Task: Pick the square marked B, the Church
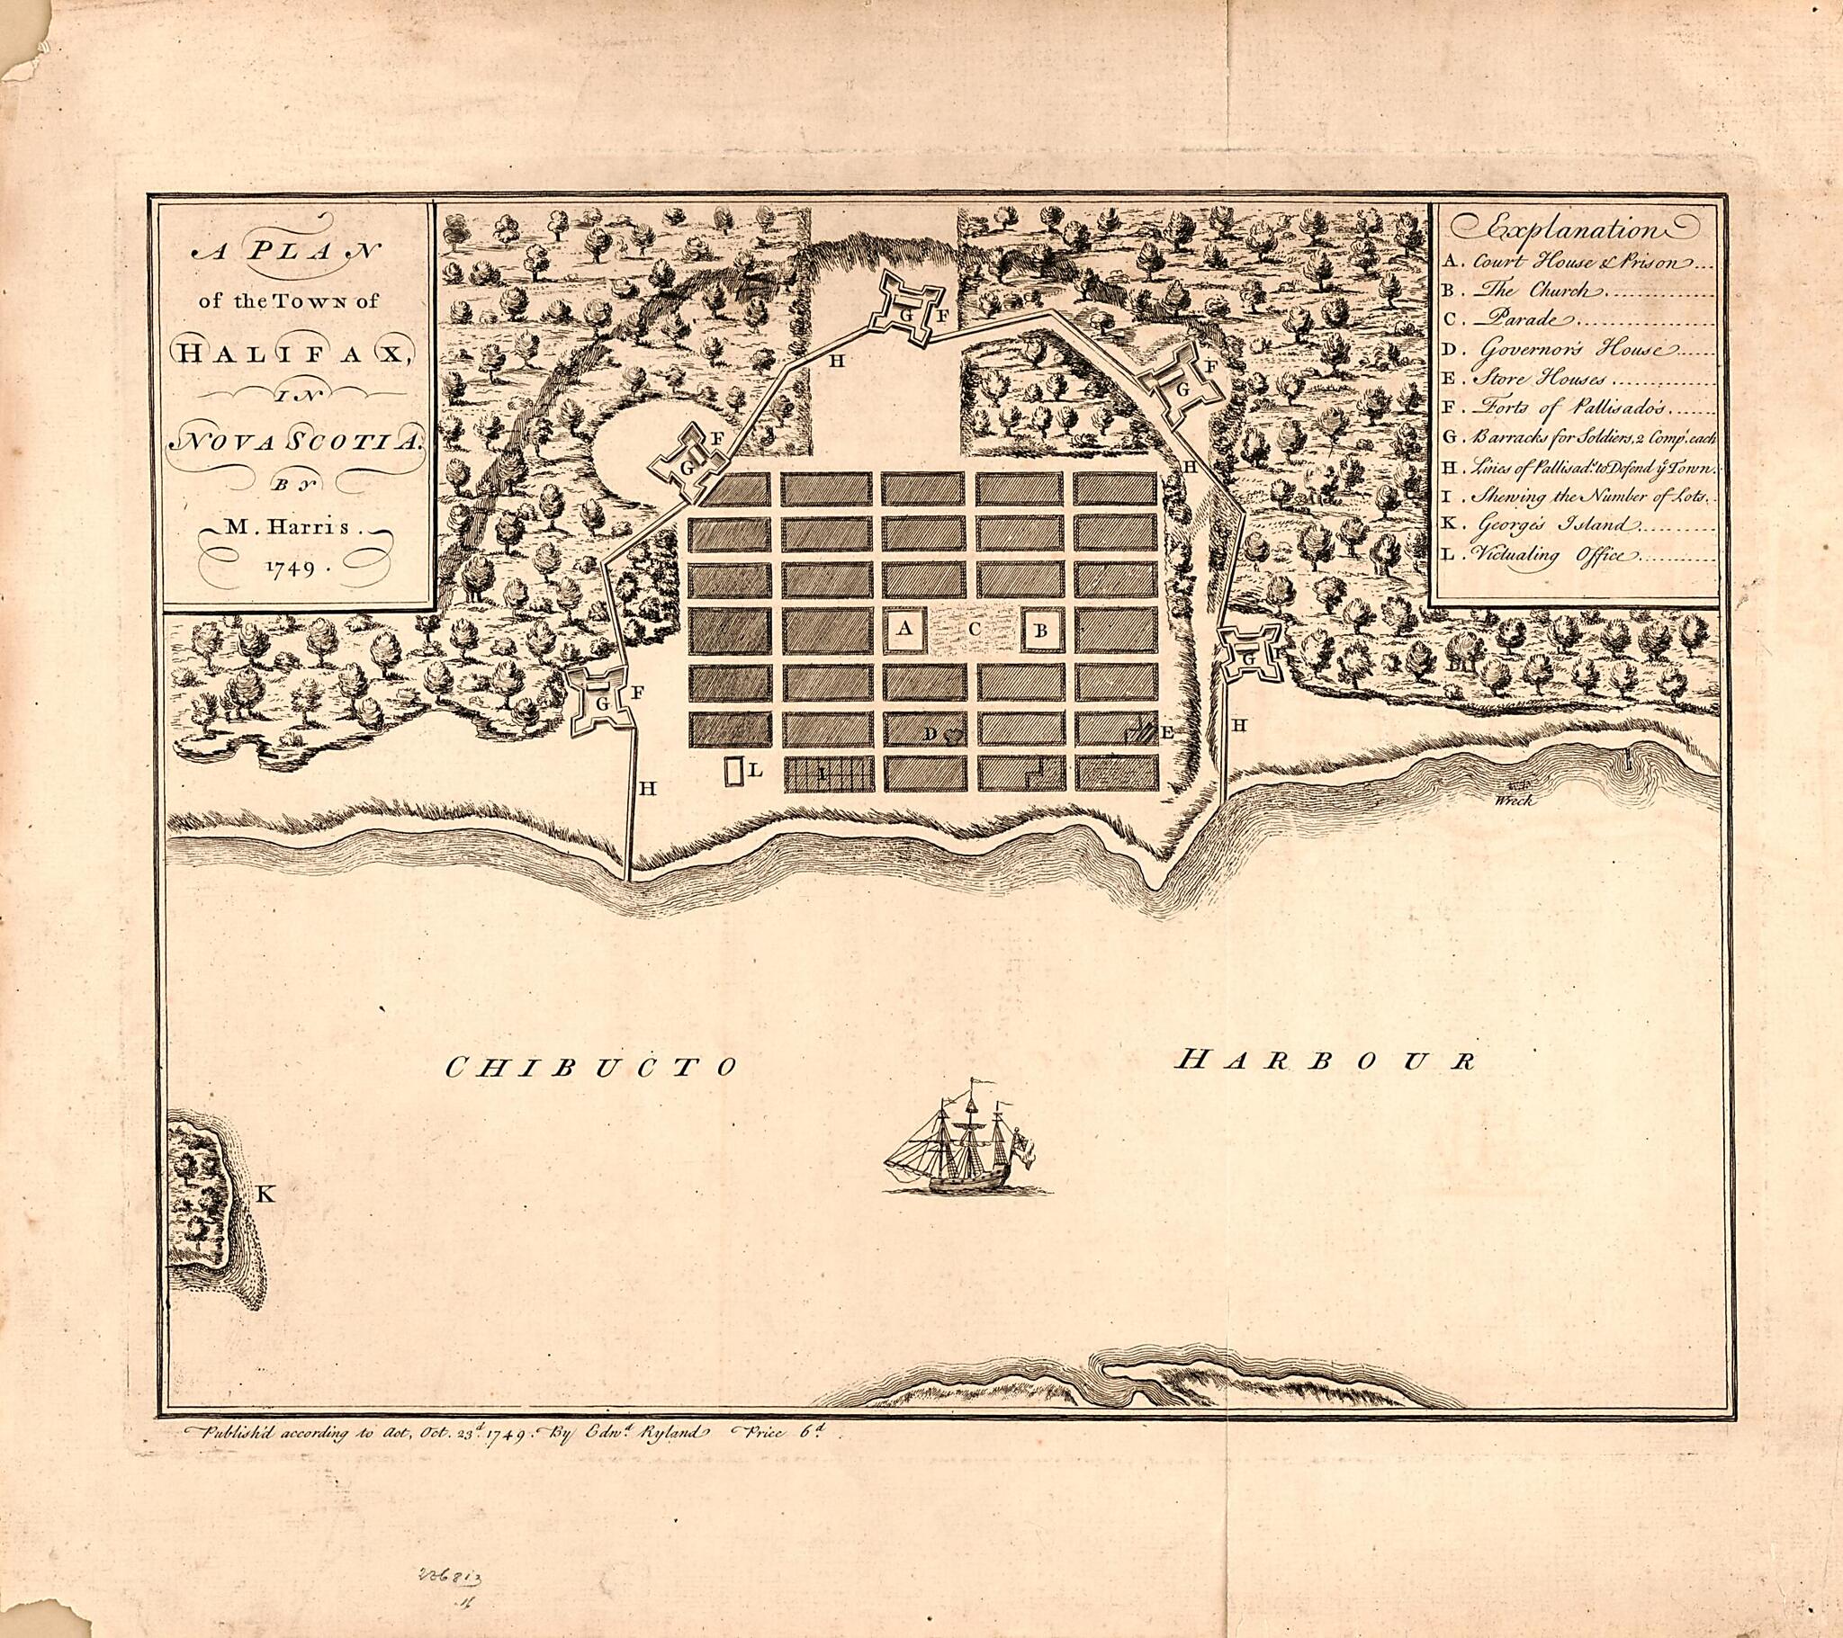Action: (x=1040, y=631)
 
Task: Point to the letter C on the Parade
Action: (x=973, y=631)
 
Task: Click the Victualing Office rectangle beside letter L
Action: (x=735, y=773)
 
